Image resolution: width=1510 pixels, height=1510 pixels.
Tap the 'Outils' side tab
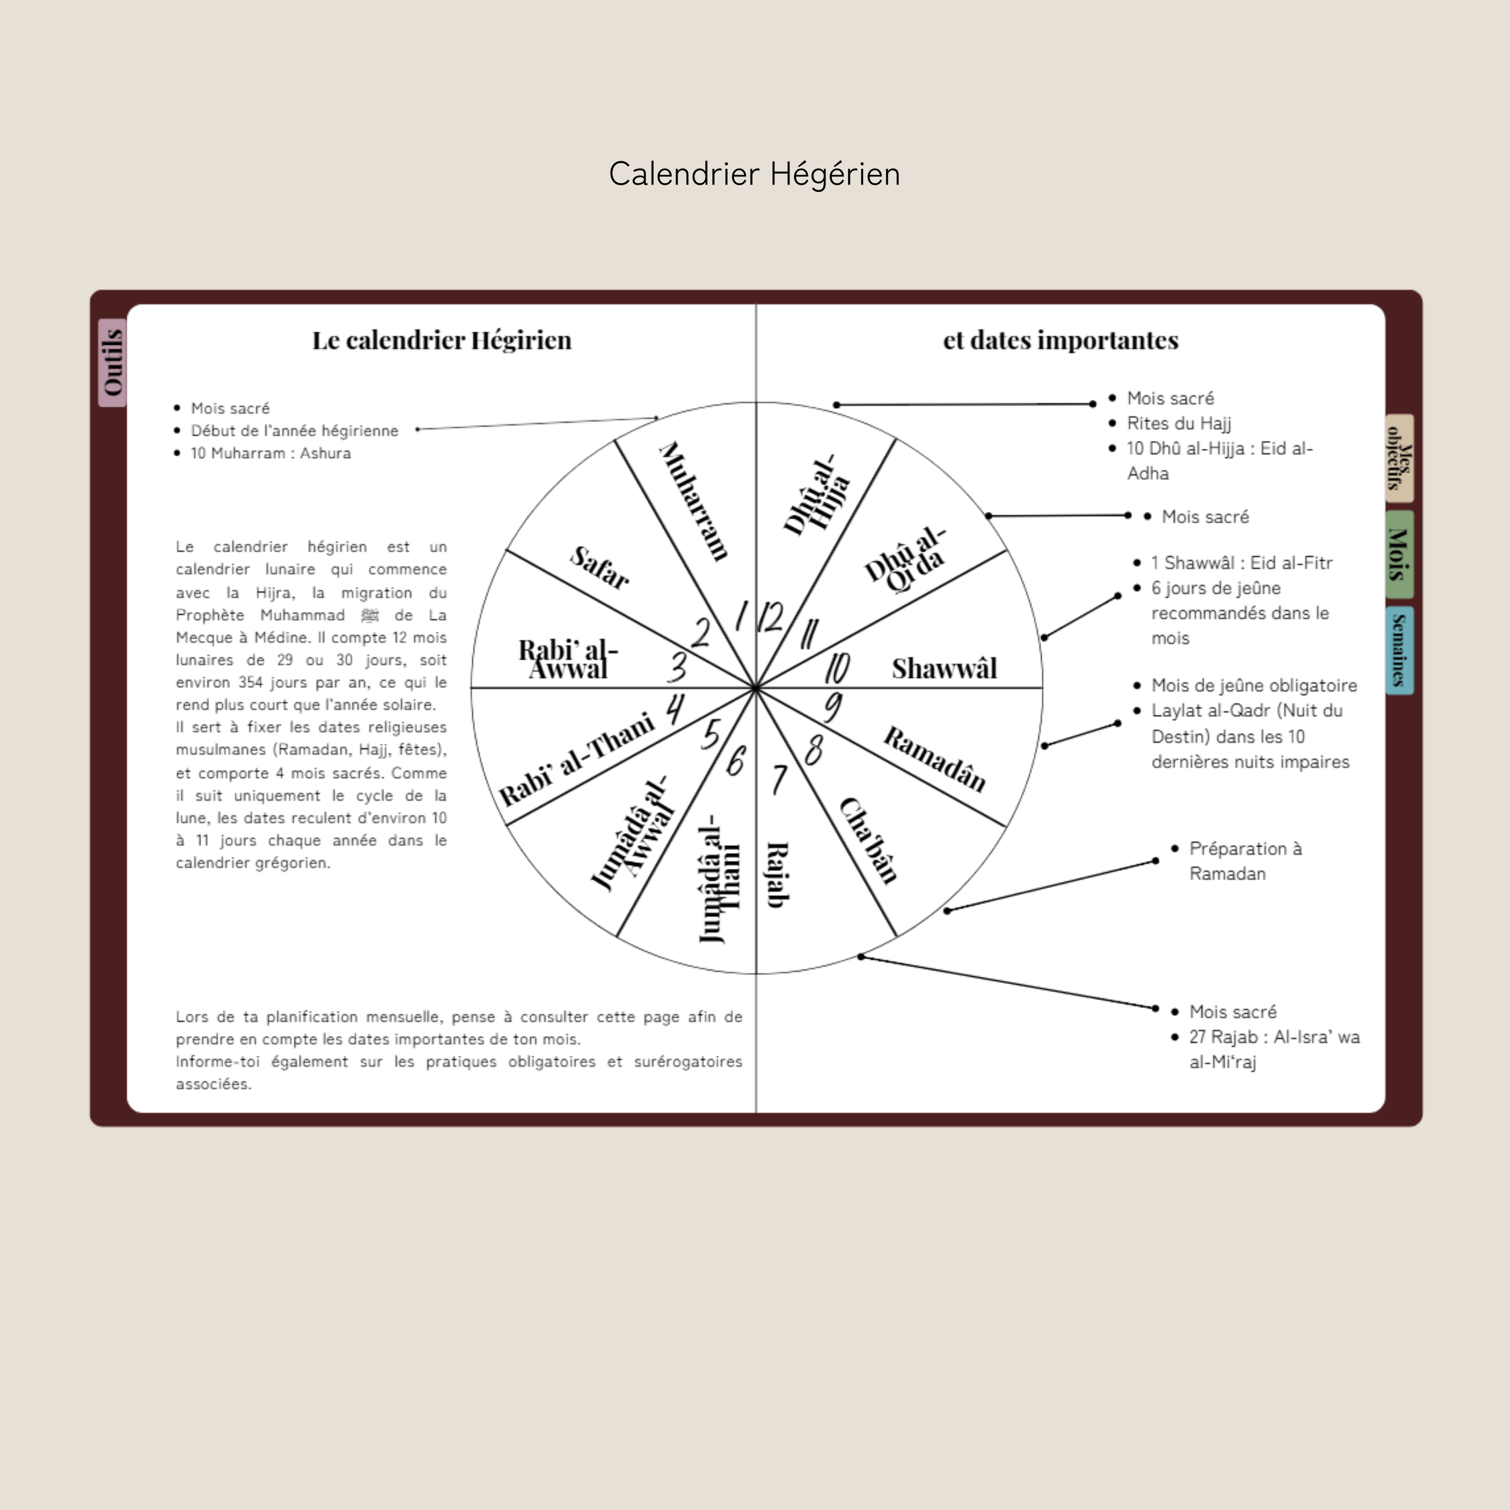[x=112, y=363]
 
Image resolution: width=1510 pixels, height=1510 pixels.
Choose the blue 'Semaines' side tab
[x=1399, y=650]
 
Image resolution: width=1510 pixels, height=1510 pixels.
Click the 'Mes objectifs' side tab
[x=1399, y=458]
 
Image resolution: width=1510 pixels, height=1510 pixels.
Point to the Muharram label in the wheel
[x=694, y=500]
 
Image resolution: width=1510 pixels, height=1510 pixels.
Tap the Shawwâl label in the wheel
[x=944, y=668]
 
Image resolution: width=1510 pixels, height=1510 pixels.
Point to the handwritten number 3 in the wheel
[x=677, y=667]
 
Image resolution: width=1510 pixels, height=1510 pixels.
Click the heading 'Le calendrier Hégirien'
[x=441, y=340]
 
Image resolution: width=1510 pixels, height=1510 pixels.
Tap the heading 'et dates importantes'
[x=1061, y=340]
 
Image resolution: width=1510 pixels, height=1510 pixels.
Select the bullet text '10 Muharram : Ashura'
[x=271, y=453]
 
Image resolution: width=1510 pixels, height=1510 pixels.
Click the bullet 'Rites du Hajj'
[x=1178, y=423]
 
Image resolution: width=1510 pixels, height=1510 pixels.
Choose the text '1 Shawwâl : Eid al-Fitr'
[x=1241, y=563]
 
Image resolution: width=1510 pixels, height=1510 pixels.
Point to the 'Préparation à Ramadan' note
[x=1245, y=860]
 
